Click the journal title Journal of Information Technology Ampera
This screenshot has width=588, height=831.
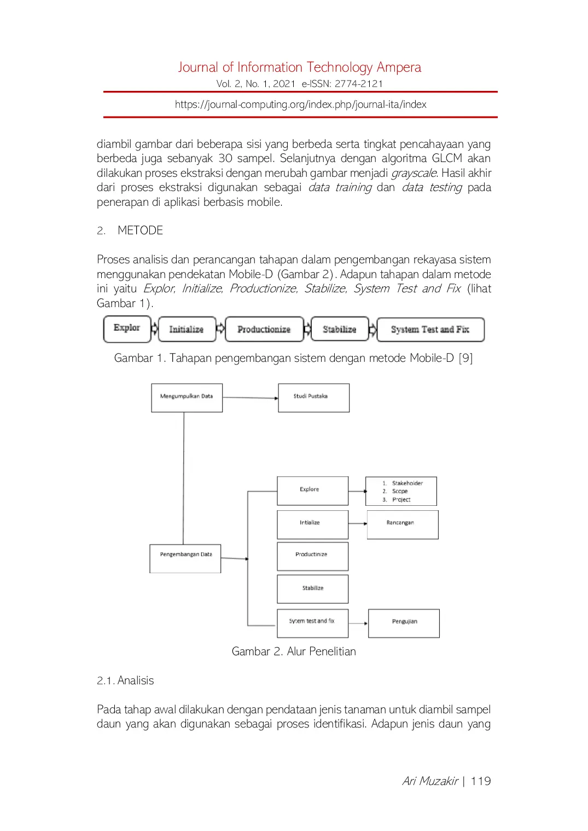coord(299,67)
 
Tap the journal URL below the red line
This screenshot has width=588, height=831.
coord(300,105)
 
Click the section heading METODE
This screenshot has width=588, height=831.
coord(140,230)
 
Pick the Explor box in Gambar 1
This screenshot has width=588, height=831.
coord(127,328)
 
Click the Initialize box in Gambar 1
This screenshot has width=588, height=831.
coord(187,330)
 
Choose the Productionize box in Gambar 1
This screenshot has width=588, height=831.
coord(264,330)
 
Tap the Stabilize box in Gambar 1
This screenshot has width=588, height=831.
coord(339,330)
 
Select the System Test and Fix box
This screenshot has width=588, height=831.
coord(430,330)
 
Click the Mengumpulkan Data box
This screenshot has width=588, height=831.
coord(187,397)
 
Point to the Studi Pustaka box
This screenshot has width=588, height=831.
coord(313,397)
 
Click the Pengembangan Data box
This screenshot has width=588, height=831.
coord(185,558)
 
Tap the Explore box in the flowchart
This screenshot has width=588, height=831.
coord(312,490)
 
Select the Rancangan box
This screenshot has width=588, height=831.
coord(402,524)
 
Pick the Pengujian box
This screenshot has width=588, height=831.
coord(404,623)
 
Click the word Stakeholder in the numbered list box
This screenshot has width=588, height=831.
coord(407,483)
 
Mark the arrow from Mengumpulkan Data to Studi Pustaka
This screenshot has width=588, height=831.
coord(250,397)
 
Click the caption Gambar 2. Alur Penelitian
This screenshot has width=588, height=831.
coord(294,651)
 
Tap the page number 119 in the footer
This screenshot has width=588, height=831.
coord(481,781)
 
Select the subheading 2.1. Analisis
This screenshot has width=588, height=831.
coord(125,680)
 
